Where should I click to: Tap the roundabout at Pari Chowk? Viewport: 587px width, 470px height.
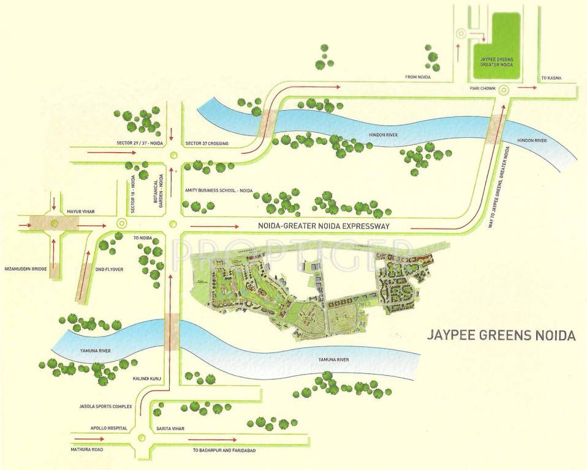pos(504,90)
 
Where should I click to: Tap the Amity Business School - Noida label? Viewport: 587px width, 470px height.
pos(219,191)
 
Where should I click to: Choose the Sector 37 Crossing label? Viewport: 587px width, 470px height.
pos(206,143)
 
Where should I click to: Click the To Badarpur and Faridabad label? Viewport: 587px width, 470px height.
pos(224,450)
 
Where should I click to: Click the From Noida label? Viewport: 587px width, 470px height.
pos(418,78)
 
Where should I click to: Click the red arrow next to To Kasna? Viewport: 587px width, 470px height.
pos(526,88)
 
